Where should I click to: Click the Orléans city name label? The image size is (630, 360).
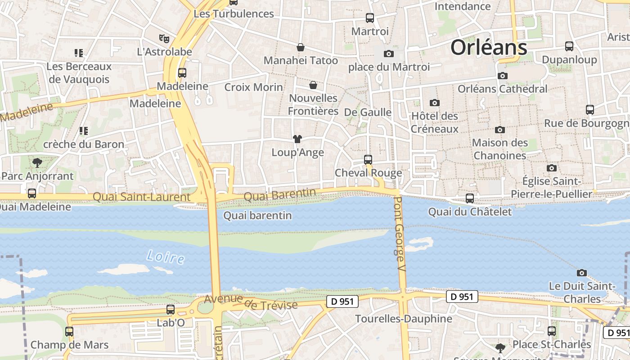click(489, 47)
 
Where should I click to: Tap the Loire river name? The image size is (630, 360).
click(166, 257)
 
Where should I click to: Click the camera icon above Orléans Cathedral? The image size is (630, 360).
click(503, 76)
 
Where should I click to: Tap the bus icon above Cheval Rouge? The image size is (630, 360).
click(368, 159)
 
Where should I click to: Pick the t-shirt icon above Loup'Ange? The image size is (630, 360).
click(297, 139)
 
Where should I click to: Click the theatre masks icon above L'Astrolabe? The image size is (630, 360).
click(164, 39)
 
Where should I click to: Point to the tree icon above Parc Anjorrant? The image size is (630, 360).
click(37, 162)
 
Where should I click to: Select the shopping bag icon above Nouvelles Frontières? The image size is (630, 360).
click(313, 85)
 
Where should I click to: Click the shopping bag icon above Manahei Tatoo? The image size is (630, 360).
click(301, 47)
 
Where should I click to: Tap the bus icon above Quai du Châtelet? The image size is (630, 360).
click(470, 198)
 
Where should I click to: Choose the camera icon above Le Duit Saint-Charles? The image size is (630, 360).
click(582, 273)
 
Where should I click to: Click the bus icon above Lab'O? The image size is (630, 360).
click(171, 310)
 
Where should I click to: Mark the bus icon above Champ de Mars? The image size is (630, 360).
click(69, 332)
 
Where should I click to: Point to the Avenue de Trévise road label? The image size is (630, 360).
click(251, 302)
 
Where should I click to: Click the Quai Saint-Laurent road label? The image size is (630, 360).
click(141, 197)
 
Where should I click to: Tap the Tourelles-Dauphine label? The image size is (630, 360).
click(404, 319)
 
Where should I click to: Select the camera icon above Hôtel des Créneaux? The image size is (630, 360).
click(434, 103)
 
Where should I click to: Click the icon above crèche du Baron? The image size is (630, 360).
click(83, 131)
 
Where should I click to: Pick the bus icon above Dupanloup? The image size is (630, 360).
click(569, 46)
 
